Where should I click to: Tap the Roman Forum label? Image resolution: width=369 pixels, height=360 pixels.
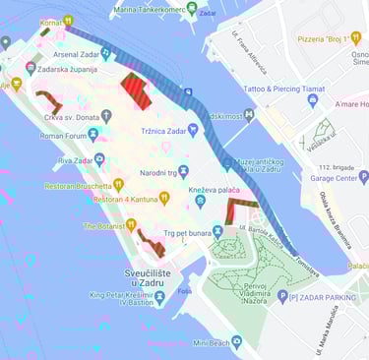tap(65, 136)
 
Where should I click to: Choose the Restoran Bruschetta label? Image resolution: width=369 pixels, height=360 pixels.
tap(77, 184)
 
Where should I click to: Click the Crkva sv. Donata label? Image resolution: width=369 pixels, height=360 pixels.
tap(70, 116)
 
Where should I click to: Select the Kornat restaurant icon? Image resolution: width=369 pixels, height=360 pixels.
tap(68, 21)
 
